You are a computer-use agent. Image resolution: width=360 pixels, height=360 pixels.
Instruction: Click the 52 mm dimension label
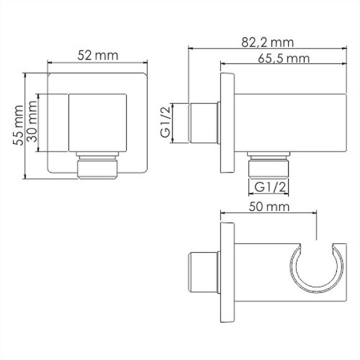coord(97,55)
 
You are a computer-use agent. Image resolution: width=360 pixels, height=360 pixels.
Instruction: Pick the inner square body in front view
coord(97,123)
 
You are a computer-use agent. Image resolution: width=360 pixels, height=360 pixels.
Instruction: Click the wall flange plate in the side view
coord(227,123)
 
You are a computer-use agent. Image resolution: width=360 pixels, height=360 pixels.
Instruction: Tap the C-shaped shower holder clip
coord(317,267)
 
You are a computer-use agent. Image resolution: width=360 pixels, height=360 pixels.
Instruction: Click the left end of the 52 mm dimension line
coord(48,62)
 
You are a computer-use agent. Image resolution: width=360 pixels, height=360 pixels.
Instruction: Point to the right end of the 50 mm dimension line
coord(317,215)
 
